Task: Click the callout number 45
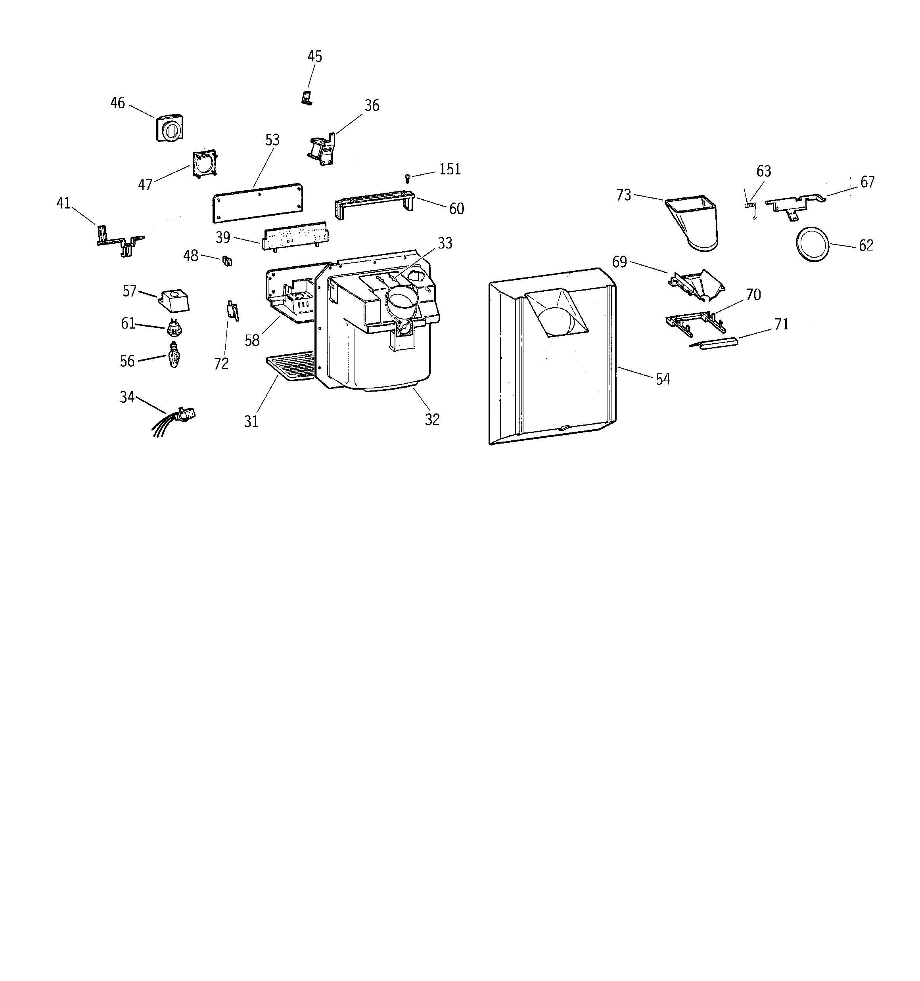pyautogui.click(x=314, y=57)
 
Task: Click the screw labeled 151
pyautogui.click(x=408, y=177)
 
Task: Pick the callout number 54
pyautogui.click(x=663, y=379)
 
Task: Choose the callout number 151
pyautogui.click(x=450, y=169)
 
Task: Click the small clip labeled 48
pyautogui.click(x=227, y=260)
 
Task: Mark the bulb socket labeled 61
pyautogui.click(x=173, y=326)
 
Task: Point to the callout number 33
pyautogui.click(x=445, y=243)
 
